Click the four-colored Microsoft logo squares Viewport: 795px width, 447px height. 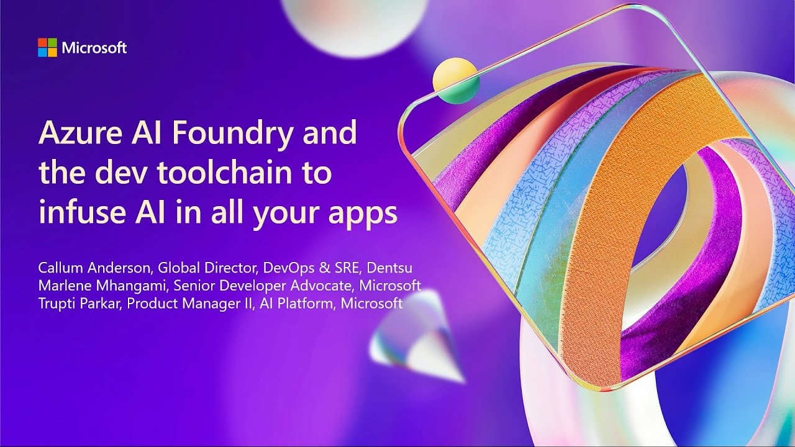coord(47,48)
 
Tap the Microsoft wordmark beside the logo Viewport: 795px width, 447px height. coord(94,48)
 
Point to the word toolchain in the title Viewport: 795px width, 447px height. coord(230,173)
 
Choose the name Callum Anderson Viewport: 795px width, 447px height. coord(94,268)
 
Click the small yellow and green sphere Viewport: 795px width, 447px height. coord(455,81)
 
